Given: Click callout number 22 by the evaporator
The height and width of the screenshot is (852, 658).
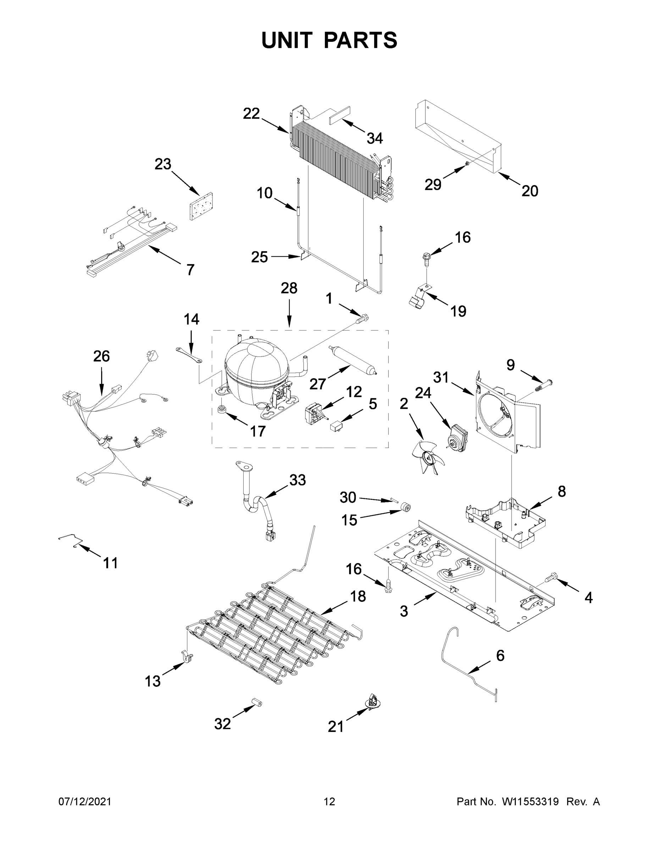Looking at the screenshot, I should tap(251, 114).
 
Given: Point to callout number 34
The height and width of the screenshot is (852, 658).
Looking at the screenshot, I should tap(375, 138).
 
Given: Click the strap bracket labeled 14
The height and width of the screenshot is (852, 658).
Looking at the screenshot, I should tap(188, 355).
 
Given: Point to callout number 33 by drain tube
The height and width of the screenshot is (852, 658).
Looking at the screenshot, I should tap(297, 480).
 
